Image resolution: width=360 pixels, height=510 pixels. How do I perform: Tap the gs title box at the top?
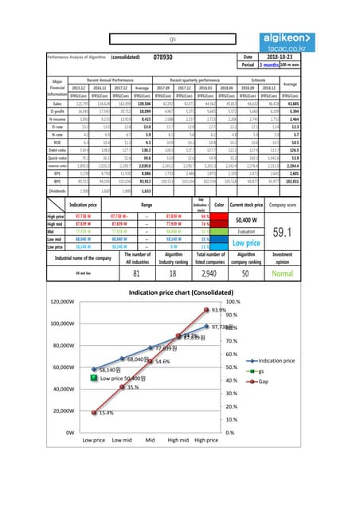[173, 39]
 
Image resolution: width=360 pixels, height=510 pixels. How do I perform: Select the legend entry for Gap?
[273, 381]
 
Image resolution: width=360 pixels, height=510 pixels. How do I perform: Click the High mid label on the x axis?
[178, 439]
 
